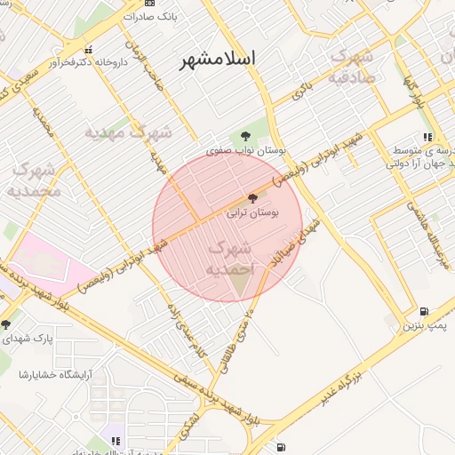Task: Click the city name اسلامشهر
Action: pos(217,59)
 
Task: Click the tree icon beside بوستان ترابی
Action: pos(252,199)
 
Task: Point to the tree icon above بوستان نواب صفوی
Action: pos(245,136)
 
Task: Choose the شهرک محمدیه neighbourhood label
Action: pos(33,180)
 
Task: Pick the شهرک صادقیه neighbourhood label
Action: pos(358,65)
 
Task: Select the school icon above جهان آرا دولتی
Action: pos(427,138)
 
